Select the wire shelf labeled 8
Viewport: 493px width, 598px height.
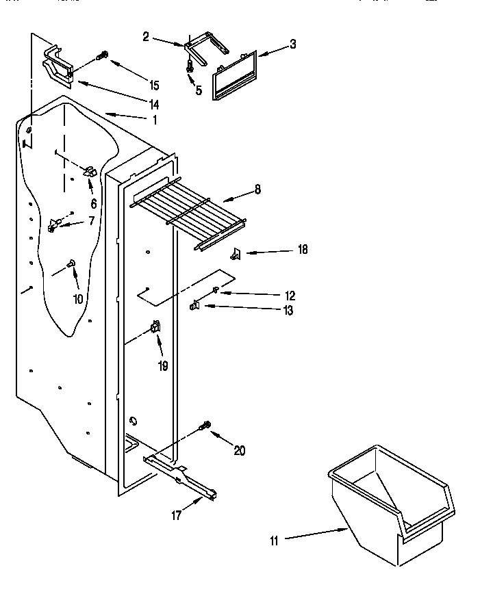click(x=188, y=212)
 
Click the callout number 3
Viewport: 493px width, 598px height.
click(x=292, y=44)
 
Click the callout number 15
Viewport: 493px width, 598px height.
click(x=154, y=86)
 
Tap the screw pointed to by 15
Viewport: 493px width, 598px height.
click(x=104, y=55)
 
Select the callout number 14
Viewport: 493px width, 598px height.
click(x=154, y=105)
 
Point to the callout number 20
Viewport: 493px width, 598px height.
click(x=239, y=450)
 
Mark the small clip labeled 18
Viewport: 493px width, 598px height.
click(x=236, y=255)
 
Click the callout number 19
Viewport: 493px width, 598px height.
click(x=163, y=366)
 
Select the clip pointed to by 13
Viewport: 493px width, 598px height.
click(x=195, y=305)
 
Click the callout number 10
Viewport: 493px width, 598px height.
click(x=77, y=298)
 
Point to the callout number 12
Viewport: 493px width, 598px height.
click(x=290, y=296)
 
